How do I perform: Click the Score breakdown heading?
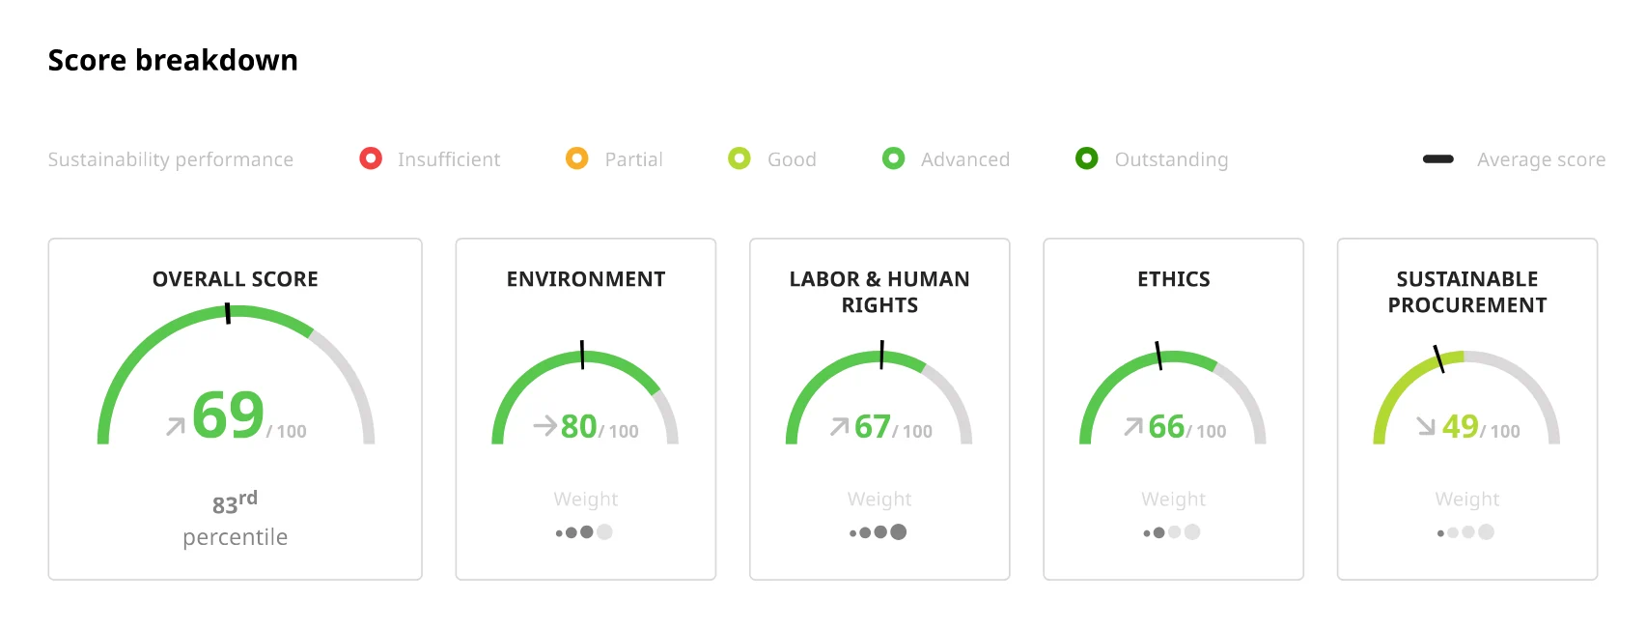tap(173, 60)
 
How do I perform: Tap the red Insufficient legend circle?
tap(371, 158)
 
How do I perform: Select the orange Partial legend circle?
tap(576, 158)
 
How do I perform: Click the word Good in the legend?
tap(792, 159)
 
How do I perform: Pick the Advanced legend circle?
tap(894, 158)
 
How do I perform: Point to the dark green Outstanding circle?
tap(1087, 158)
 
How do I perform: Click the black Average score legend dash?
tap(1437, 158)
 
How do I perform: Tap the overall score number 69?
tap(228, 415)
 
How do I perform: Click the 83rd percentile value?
tap(235, 503)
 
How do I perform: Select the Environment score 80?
tap(578, 426)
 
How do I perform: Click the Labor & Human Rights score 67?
tap(873, 426)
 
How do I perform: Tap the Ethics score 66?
tap(1166, 426)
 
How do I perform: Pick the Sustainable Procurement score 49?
tap(1460, 426)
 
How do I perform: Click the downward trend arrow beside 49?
tap(1426, 426)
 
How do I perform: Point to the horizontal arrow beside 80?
tap(544, 426)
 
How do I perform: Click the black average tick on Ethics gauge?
tap(1158, 356)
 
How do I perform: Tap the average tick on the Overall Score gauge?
tap(228, 313)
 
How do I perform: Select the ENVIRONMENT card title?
tap(586, 279)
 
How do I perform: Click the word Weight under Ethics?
tap(1173, 499)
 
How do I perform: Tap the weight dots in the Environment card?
tap(584, 531)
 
